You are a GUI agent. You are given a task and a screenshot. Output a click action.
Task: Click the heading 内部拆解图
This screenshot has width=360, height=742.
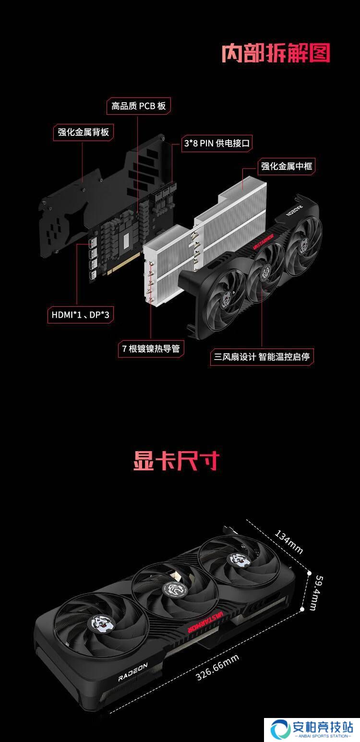click(x=276, y=53)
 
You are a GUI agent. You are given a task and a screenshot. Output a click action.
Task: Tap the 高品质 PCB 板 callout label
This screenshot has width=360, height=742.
click(x=138, y=106)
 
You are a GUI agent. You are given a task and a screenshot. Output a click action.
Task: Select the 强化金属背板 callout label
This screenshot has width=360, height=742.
click(x=83, y=132)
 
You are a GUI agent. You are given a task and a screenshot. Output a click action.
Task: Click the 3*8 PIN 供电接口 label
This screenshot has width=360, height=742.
click(x=216, y=143)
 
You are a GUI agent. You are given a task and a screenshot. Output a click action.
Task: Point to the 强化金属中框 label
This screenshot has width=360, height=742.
click(x=287, y=166)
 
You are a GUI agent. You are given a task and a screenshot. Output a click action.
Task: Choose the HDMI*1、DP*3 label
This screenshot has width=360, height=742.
click(x=81, y=315)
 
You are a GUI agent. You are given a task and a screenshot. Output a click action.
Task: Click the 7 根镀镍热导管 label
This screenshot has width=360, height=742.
click(x=151, y=348)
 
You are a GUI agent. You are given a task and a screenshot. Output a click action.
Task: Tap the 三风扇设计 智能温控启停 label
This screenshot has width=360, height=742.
click(x=262, y=357)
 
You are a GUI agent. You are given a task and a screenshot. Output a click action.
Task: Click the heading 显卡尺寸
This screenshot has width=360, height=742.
click(x=176, y=460)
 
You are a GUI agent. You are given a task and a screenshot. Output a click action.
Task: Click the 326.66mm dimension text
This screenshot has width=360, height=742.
click(x=217, y=668)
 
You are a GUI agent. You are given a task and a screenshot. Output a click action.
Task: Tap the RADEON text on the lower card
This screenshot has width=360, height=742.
click(x=133, y=672)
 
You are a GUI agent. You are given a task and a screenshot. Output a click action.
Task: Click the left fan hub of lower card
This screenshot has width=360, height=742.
click(x=101, y=623)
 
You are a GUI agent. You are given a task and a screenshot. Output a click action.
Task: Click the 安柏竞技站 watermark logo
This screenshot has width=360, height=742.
click(x=312, y=730)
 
